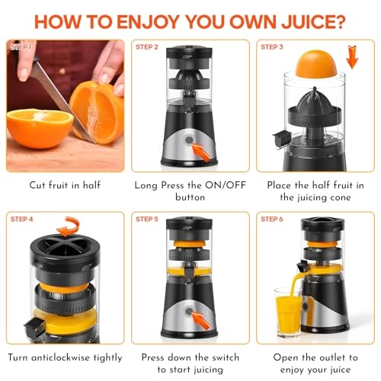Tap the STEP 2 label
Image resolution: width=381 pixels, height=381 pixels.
tap(146, 47)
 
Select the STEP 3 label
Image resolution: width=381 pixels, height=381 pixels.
tap(272, 47)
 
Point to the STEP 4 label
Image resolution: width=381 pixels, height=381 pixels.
tap(22, 219)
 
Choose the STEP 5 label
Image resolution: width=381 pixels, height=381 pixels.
tap(146, 219)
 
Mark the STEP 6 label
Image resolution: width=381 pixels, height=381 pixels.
tap(272, 219)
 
